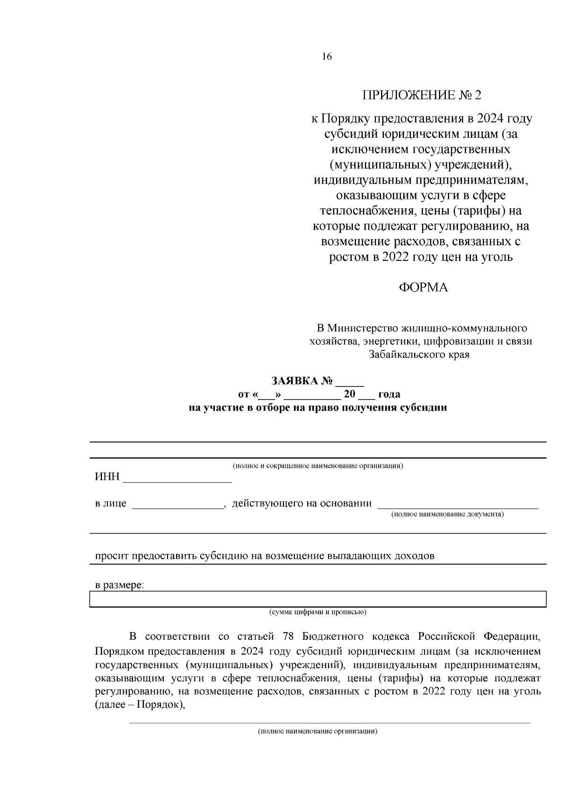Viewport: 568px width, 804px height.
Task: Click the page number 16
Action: point(327,57)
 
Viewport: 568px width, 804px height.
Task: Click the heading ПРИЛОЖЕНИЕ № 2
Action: point(421,95)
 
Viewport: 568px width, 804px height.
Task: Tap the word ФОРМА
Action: point(423,288)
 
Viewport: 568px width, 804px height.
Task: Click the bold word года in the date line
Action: point(389,394)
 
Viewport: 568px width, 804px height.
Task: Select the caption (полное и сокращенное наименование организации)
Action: point(318,465)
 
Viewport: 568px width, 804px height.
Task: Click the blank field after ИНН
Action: point(177,478)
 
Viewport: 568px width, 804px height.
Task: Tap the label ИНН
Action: point(107,477)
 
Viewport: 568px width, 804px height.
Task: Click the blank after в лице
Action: point(177,505)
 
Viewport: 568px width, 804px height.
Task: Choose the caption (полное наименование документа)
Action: point(447,514)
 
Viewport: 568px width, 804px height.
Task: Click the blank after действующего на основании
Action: point(457,505)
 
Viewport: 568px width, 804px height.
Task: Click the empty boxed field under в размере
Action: point(318,599)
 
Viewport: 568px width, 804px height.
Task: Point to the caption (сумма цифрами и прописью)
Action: point(318,612)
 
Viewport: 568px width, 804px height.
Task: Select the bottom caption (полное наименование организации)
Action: point(318,731)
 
